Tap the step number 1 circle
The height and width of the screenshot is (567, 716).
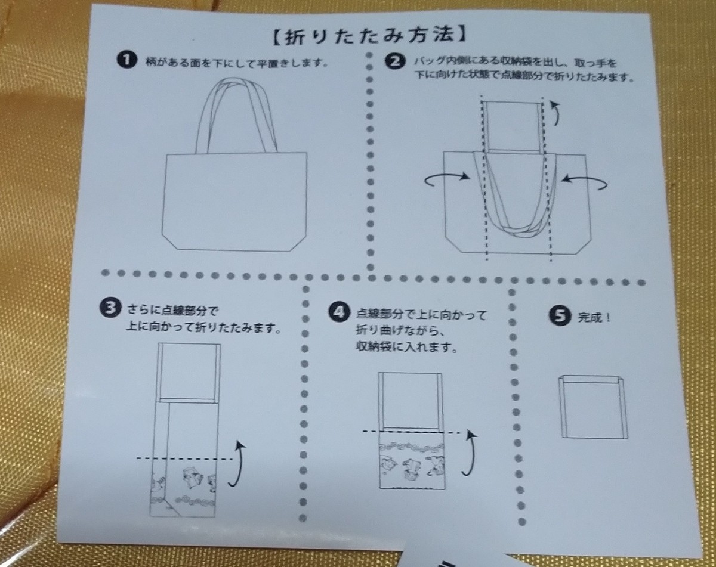point(126,60)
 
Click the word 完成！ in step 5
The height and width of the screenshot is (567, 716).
point(594,317)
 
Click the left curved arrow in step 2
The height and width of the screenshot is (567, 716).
point(447,179)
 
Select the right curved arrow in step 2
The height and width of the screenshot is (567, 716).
point(584,182)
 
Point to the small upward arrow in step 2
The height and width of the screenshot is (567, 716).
point(555,113)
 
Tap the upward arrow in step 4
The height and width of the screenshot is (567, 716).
point(470,453)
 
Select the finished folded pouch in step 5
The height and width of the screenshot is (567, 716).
point(593,407)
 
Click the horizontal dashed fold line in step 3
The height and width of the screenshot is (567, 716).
point(184,459)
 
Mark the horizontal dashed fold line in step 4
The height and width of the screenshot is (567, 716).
point(411,432)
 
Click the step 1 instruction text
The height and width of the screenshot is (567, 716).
point(237,63)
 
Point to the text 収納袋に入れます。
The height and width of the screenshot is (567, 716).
point(406,347)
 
